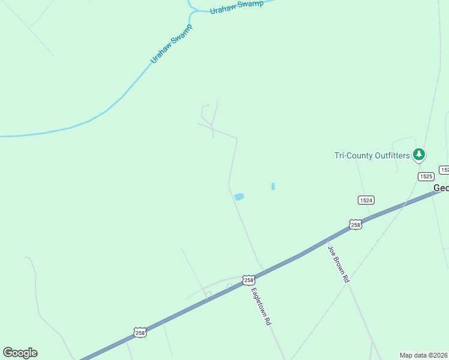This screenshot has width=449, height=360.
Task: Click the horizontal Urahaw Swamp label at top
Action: tap(237, 7)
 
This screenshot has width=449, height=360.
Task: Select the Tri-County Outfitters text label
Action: tap(372, 156)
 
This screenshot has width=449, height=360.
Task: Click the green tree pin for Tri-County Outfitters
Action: tap(419, 155)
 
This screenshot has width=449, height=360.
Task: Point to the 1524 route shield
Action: tap(366, 200)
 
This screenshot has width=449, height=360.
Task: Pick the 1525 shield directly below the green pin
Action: tap(426, 176)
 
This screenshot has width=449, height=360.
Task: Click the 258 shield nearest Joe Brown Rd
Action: tap(355, 224)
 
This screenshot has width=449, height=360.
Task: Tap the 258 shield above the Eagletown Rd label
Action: tap(249, 280)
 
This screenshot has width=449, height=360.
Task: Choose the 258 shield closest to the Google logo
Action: tap(139, 332)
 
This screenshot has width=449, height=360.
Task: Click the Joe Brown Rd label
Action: tap(338, 263)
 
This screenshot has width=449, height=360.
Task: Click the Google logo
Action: tap(20, 353)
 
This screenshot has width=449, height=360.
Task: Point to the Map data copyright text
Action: tap(424, 355)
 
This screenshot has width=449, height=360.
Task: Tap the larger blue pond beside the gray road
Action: tap(240, 196)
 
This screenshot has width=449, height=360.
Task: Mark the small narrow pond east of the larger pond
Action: tap(273, 187)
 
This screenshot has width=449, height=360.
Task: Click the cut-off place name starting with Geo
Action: tap(441, 188)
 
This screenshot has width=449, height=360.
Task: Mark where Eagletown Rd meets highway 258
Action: tap(263, 270)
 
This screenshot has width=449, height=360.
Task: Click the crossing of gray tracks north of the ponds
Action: tap(212, 126)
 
